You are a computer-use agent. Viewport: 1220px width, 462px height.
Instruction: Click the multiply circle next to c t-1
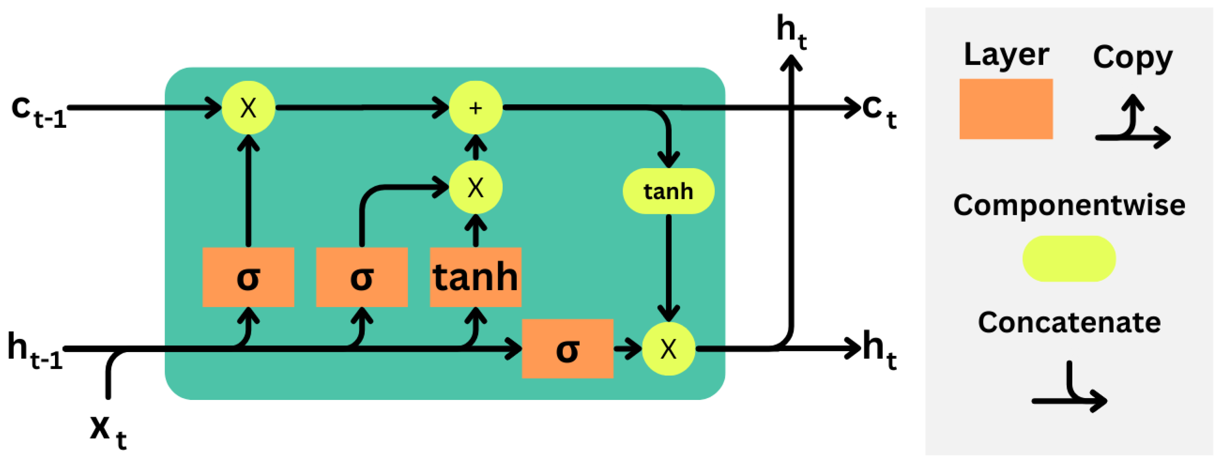click(x=248, y=108)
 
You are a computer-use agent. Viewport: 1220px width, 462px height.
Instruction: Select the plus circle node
click(x=475, y=108)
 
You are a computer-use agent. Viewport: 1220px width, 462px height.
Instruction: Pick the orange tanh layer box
click(x=475, y=277)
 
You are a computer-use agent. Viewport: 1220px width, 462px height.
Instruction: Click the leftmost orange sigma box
click(x=248, y=277)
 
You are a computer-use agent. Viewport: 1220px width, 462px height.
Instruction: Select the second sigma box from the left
click(x=362, y=277)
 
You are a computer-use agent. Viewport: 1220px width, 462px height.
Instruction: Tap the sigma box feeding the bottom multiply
click(x=567, y=349)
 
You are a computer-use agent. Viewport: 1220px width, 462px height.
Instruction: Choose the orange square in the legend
click(x=1006, y=109)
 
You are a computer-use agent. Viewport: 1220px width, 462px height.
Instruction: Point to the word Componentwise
click(x=1069, y=206)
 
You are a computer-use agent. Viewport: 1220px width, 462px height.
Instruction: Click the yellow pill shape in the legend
click(x=1069, y=258)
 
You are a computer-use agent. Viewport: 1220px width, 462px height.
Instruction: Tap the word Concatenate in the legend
click(x=1069, y=323)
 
